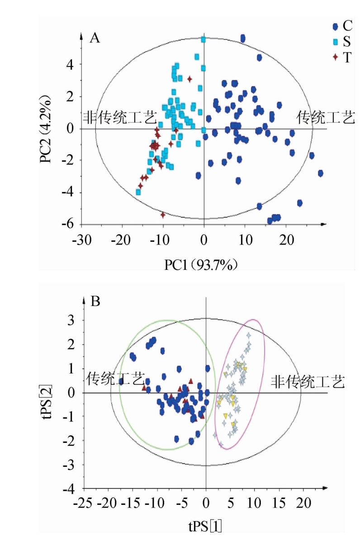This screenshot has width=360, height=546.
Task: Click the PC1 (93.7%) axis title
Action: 202,264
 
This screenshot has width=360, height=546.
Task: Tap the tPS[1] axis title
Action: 206,527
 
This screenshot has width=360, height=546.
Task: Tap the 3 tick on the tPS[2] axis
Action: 72,320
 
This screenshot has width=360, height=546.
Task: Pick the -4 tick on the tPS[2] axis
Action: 69,490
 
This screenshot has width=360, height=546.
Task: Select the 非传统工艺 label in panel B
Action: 308,382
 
